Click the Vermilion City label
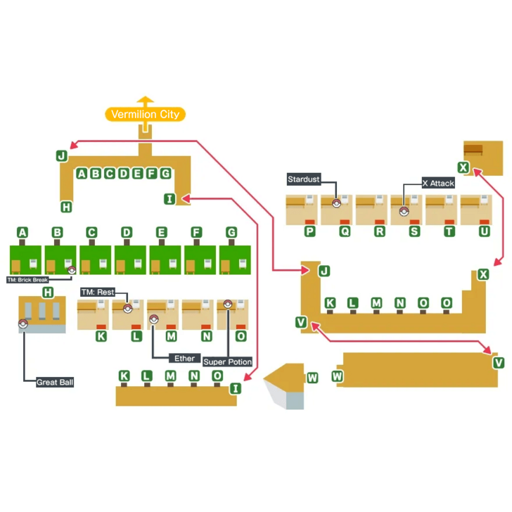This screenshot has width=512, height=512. (145, 114)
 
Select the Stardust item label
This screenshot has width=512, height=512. (303, 179)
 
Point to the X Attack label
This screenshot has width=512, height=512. (438, 183)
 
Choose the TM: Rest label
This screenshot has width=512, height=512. (97, 292)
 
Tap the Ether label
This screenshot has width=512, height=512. (184, 358)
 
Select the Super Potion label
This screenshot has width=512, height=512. (228, 361)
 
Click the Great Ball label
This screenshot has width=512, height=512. (56, 383)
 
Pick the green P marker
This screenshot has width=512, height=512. (309, 231)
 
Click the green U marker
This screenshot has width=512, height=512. (484, 231)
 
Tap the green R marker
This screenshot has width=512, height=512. (380, 231)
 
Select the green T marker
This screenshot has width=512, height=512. (449, 231)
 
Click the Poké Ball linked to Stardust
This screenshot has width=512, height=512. (336, 205)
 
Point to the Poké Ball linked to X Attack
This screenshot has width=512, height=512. (403, 210)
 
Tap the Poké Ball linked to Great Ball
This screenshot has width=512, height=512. (23, 324)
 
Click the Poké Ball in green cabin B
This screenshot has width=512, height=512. (71, 270)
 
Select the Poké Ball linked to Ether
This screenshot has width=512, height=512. (153, 318)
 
